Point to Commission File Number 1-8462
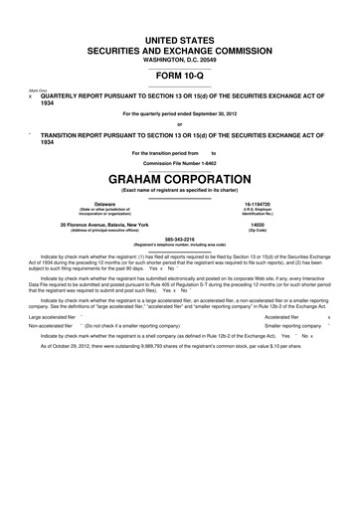coord(179,162)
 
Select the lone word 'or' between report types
coord(179,124)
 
